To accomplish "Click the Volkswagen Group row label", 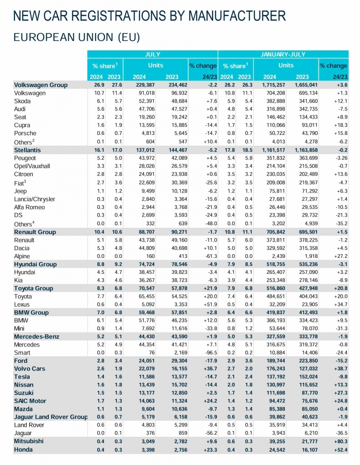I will (x=41, y=85).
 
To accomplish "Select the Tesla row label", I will (x=22, y=376).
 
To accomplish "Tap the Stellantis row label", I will (x=27, y=149).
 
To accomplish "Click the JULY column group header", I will (x=152, y=54).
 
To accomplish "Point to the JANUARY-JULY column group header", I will (x=283, y=54).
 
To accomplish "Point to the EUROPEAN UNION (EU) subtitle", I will (x=76, y=37).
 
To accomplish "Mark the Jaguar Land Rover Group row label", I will (x=50, y=417).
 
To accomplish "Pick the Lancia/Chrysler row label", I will (x=35, y=199).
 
